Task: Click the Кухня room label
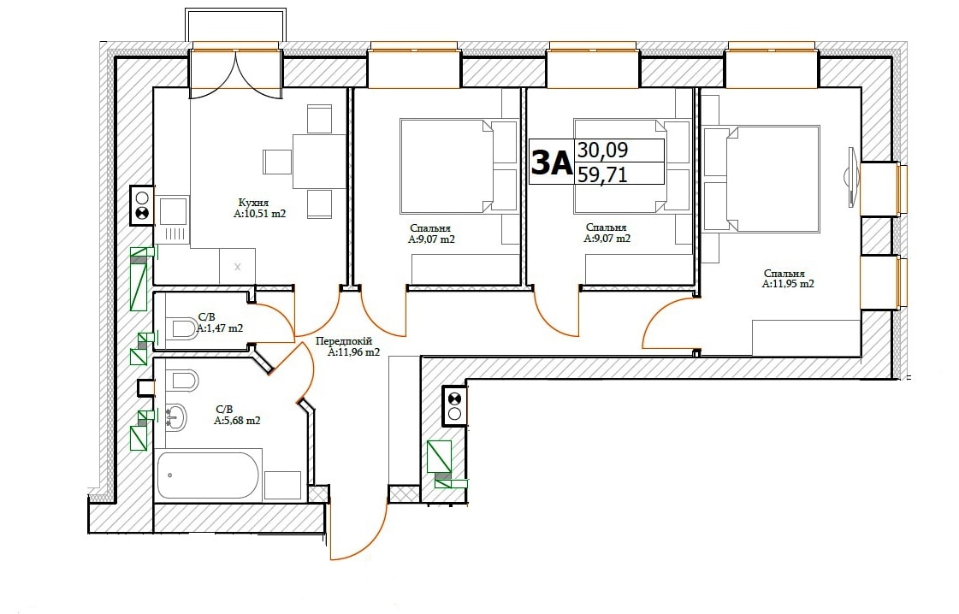(x=253, y=203)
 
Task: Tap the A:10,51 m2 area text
(x=259, y=214)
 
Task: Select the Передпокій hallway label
(x=344, y=341)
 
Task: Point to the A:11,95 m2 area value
(x=788, y=284)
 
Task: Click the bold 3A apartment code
(x=552, y=162)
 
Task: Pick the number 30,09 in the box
(x=603, y=150)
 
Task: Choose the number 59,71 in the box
(x=603, y=175)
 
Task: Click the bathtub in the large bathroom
(x=208, y=475)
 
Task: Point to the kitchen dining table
(x=319, y=162)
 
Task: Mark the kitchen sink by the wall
(x=174, y=211)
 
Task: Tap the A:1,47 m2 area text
(x=220, y=328)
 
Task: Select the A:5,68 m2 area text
(x=237, y=421)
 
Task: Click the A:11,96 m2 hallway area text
(x=353, y=352)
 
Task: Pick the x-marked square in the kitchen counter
(x=237, y=267)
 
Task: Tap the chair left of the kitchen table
(x=278, y=162)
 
